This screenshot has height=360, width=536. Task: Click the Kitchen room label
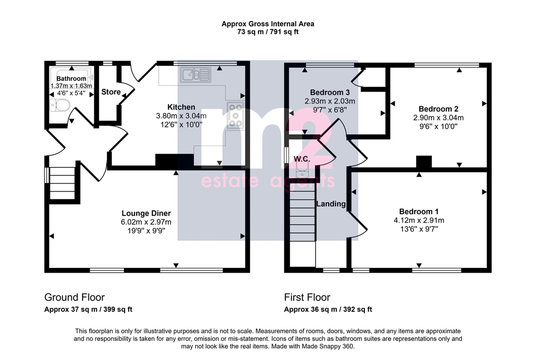pyautogui.click(x=181, y=107)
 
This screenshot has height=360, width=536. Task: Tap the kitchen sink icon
pyautogui.click(x=196, y=75)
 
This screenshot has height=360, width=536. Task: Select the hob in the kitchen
pyautogui.click(x=235, y=115)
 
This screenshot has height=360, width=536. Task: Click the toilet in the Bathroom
pyautogui.click(x=60, y=105)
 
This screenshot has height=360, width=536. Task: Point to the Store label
pyautogui.click(x=111, y=92)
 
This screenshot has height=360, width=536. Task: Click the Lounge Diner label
pyautogui.click(x=146, y=213)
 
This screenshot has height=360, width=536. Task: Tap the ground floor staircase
pyautogui.click(x=62, y=184)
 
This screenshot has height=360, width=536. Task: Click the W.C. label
pyautogui.click(x=302, y=159)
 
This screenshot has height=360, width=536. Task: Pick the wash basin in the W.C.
pyautogui.click(x=302, y=170)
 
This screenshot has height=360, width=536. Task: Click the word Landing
pyautogui.click(x=331, y=204)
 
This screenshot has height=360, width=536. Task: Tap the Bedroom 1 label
pyautogui.click(x=419, y=211)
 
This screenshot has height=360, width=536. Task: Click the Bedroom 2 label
pyautogui.click(x=438, y=109)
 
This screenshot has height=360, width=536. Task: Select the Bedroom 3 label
pyautogui.click(x=330, y=92)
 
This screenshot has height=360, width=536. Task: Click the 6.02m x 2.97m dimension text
pyautogui.click(x=146, y=222)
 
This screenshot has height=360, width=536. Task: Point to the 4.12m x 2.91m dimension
pyautogui.click(x=419, y=220)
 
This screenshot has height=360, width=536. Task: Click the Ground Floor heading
pyautogui.click(x=74, y=297)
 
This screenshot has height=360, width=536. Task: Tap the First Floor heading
pyautogui.click(x=307, y=297)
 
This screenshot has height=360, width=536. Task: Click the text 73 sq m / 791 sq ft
pyautogui.click(x=268, y=32)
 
